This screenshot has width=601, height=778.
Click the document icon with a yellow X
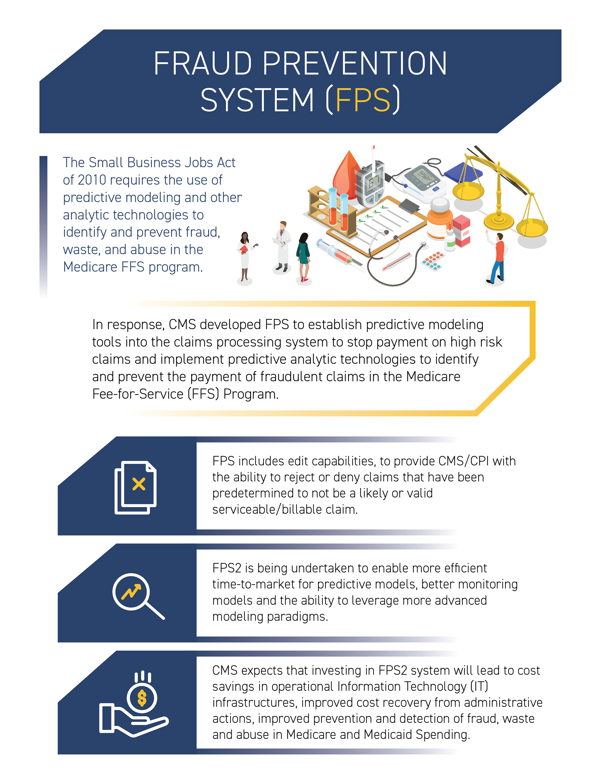tap(136, 487)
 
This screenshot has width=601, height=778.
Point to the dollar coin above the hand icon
tap(142, 698)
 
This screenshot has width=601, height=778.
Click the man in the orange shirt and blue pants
tap(497, 257)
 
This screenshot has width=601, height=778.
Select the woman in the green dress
tap(303, 257)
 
